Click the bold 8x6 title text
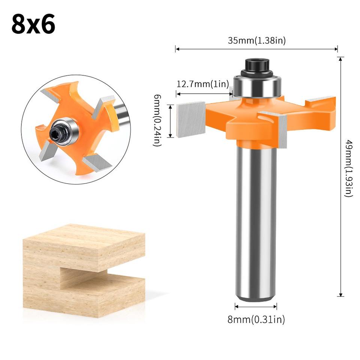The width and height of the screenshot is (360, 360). tap(33, 24)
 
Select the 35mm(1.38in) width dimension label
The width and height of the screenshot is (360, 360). tap(256, 40)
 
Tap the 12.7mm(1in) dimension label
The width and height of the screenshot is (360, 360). tap(203, 84)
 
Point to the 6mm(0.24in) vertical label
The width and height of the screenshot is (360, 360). tap(157, 120)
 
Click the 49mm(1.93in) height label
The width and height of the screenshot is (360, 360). tap(348, 168)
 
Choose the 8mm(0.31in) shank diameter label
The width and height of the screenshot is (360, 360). tap(256, 319)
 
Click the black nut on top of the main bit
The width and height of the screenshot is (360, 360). tap(257, 66)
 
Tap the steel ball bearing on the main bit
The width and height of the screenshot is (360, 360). tap(257, 86)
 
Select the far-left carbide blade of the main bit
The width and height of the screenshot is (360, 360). tap(191, 119)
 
